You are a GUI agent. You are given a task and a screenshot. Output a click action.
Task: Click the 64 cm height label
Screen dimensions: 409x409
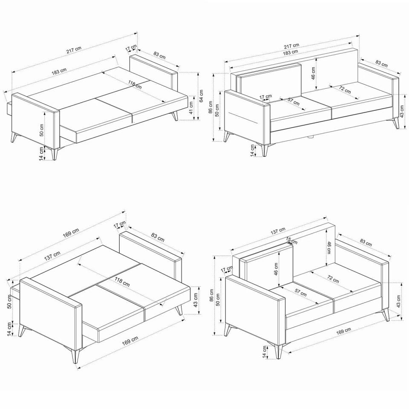(x=202, y=97)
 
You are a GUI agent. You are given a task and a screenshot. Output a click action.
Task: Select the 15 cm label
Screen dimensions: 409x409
(x=291, y=240)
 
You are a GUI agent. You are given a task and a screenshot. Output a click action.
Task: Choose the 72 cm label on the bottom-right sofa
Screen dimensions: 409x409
(x=333, y=279)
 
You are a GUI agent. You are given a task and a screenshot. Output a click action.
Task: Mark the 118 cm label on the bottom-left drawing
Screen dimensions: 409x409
(x=123, y=282)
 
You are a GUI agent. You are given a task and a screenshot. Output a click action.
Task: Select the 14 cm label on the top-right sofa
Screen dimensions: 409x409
(x=252, y=150)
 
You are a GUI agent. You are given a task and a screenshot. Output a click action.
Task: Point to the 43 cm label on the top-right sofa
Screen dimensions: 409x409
(x=402, y=112)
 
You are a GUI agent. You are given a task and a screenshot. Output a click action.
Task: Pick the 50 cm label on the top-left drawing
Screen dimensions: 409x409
(x=42, y=130)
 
